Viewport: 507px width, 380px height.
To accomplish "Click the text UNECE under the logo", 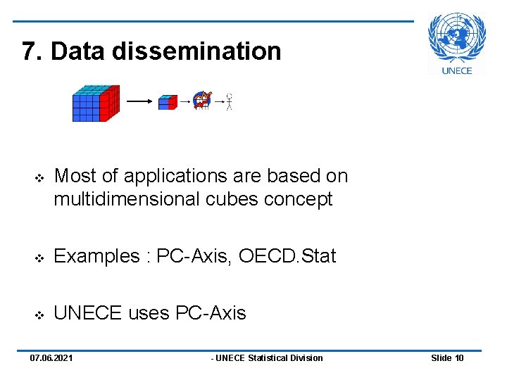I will pos(457,70).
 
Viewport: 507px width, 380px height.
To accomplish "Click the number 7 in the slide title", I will pos(28,51).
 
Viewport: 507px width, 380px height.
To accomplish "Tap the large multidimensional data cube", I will pos(96,103).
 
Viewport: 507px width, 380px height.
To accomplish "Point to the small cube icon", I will pos(167,103).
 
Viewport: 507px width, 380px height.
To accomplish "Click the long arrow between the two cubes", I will pos(139,101).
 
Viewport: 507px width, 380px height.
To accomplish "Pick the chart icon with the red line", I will pos(202,101).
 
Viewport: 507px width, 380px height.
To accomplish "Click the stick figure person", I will pos(229,102).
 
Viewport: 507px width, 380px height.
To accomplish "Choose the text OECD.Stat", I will pos(287,256).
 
